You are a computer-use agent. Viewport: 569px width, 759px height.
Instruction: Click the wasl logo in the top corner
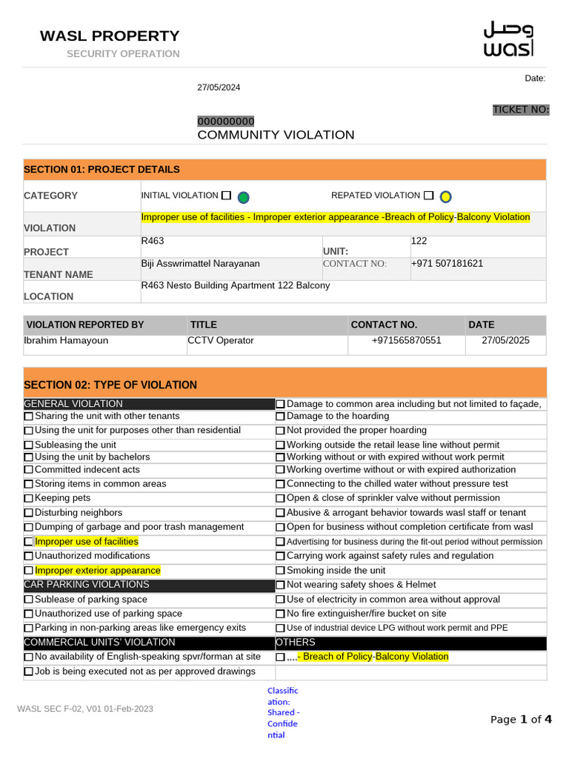pos(508,39)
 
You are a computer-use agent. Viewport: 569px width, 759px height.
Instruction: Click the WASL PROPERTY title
pos(110,36)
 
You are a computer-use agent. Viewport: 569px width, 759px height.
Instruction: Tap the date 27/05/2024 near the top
pos(219,87)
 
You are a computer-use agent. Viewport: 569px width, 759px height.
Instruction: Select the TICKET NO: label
pos(521,110)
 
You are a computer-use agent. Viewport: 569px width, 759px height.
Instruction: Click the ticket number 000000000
pos(225,122)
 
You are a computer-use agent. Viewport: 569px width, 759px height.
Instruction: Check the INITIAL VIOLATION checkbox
pos(226,196)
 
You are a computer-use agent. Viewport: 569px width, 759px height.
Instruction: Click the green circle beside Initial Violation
pos(243,197)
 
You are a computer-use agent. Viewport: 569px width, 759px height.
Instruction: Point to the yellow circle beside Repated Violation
pos(445,196)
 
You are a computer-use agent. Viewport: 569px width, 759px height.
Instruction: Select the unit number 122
pos(419,242)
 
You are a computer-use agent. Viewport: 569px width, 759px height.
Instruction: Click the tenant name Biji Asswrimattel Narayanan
pos(200,264)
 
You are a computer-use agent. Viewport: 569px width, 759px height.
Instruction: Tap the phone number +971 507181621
pos(447,264)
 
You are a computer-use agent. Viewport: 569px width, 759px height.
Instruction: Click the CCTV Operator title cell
pos(222,341)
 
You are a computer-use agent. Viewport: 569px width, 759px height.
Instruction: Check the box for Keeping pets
pos(28,498)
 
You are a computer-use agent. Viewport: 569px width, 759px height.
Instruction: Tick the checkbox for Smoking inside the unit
pos(280,571)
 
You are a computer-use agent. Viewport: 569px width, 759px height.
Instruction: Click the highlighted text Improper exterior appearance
pos(98,571)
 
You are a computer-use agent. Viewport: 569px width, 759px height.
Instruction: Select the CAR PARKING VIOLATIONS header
pos(87,585)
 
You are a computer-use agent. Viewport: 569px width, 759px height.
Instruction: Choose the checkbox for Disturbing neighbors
pos(28,513)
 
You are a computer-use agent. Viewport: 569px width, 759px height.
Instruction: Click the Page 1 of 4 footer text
pos(522,719)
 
